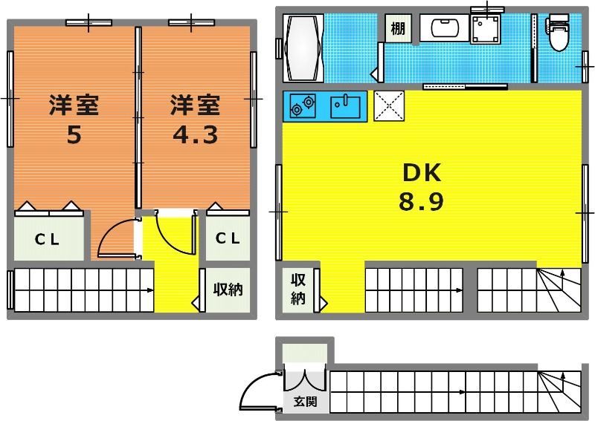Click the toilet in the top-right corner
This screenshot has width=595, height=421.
(x=559, y=33)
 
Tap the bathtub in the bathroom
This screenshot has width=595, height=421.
(x=303, y=48)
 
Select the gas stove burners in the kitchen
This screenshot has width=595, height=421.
(x=303, y=105)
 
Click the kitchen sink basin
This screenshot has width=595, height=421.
(x=345, y=107)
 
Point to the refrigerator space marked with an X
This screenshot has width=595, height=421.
(x=389, y=105)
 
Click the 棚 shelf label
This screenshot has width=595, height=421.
(x=398, y=28)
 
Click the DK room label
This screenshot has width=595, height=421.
(x=422, y=172)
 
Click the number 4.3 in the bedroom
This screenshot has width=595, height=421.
(x=196, y=134)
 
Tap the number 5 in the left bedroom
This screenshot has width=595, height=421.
(x=74, y=134)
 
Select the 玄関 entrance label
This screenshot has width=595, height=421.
(x=306, y=401)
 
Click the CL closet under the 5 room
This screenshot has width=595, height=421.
(x=47, y=239)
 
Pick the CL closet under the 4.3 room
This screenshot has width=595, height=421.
(x=228, y=238)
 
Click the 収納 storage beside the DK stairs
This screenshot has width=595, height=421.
(x=298, y=289)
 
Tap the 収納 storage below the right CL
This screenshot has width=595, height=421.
(x=228, y=290)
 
